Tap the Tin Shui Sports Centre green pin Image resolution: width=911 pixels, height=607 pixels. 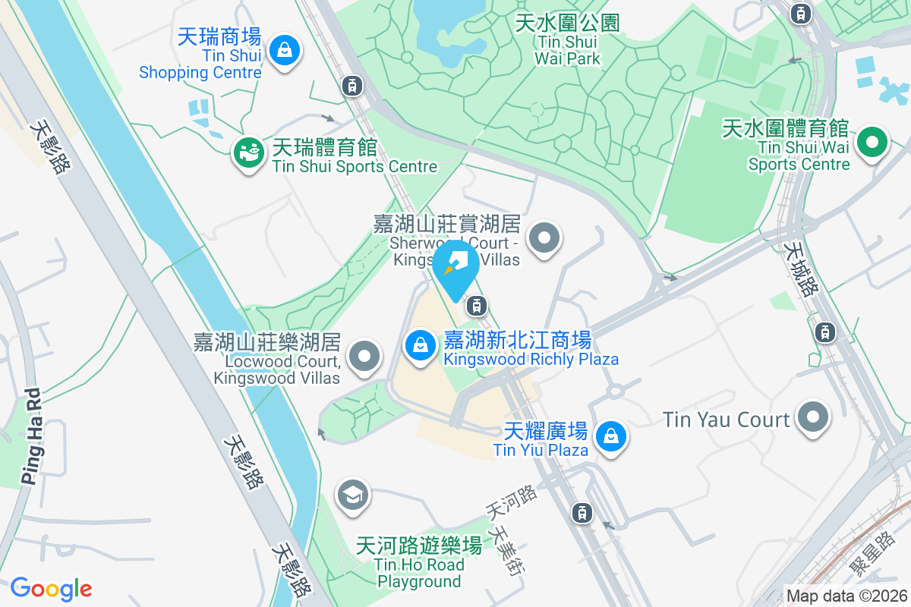click(x=247, y=153)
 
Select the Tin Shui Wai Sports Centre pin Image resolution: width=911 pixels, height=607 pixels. click(x=872, y=142)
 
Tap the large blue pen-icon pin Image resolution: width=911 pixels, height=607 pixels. click(x=455, y=266)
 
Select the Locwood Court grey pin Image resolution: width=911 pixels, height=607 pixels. click(x=364, y=355)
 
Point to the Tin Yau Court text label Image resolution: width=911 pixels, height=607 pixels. click(x=726, y=419)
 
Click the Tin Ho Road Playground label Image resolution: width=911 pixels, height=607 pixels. click(x=419, y=563)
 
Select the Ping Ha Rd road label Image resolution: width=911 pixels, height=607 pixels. click(x=31, y=436)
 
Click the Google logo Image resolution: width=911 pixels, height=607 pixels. click(x=51, y=589)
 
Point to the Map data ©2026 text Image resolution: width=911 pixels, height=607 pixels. click(x=846, y=596)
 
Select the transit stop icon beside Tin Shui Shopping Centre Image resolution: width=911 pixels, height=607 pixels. click(x=351, y=85)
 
